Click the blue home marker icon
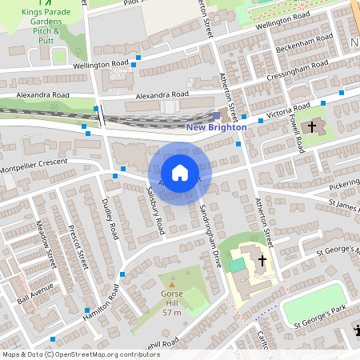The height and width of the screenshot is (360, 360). [x=180, y=173]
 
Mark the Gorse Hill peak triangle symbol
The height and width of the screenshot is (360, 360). [x=172, y=283]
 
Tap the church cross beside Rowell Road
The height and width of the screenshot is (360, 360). [x=312, y=126]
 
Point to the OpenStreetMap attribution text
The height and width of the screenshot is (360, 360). [x=70, y=354]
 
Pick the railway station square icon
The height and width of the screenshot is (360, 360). [x=216, y=115]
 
